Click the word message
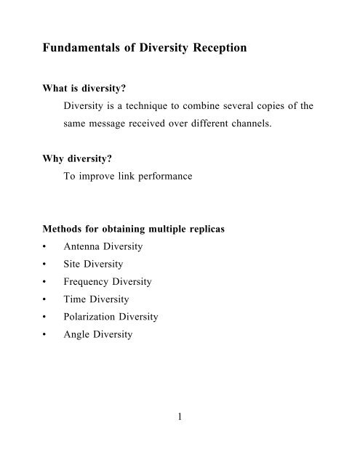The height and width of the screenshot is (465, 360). click(x=111, y=125)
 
